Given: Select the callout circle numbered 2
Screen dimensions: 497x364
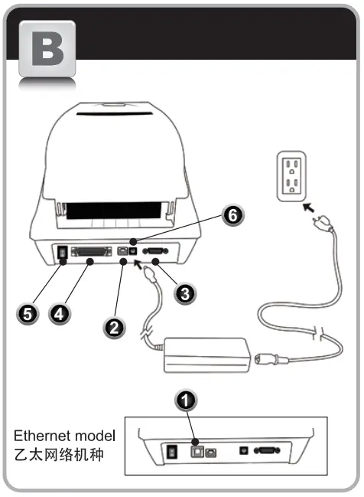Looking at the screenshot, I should point(114,327).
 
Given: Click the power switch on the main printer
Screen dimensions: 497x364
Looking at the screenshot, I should point(60,252).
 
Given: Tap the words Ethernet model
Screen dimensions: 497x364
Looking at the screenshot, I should point(64,436).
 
